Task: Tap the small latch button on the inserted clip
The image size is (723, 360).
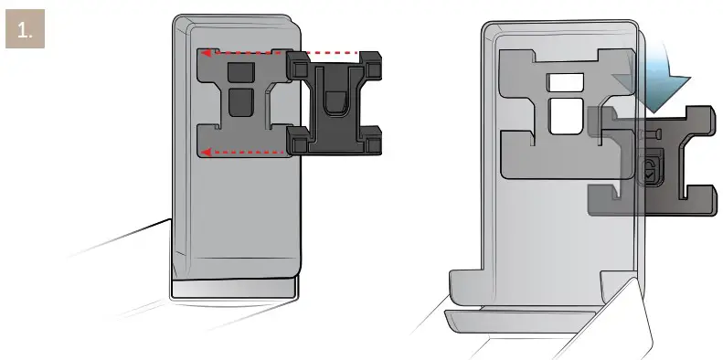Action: click(647, 169)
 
